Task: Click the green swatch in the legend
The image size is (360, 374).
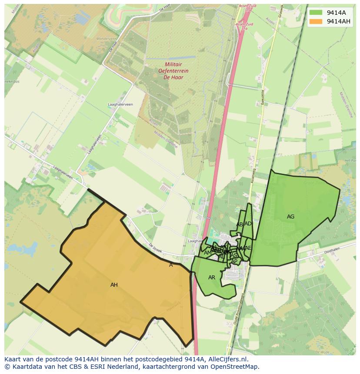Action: click(316, 13)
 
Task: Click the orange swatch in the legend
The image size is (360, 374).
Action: click(316, 21)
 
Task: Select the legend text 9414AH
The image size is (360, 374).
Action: click(339, 21)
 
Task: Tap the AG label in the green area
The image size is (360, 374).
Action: click(290, 216)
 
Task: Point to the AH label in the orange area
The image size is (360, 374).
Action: click(114, 285)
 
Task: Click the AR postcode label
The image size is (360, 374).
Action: click(212, 278)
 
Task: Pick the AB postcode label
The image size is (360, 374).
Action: click(240, 225)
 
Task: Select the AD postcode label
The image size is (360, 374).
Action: click(248, 224)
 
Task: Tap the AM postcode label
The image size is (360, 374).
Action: click(207, 253)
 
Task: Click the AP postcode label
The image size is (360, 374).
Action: click(234, 261)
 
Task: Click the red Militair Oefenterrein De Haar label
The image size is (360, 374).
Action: click(167, 71)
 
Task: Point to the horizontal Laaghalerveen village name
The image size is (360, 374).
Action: click(120, 105)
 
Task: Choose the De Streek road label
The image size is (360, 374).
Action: click(155, 247)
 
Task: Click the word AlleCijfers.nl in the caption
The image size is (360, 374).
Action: click(228, 359)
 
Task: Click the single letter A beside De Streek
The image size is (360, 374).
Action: click(171, 265)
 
